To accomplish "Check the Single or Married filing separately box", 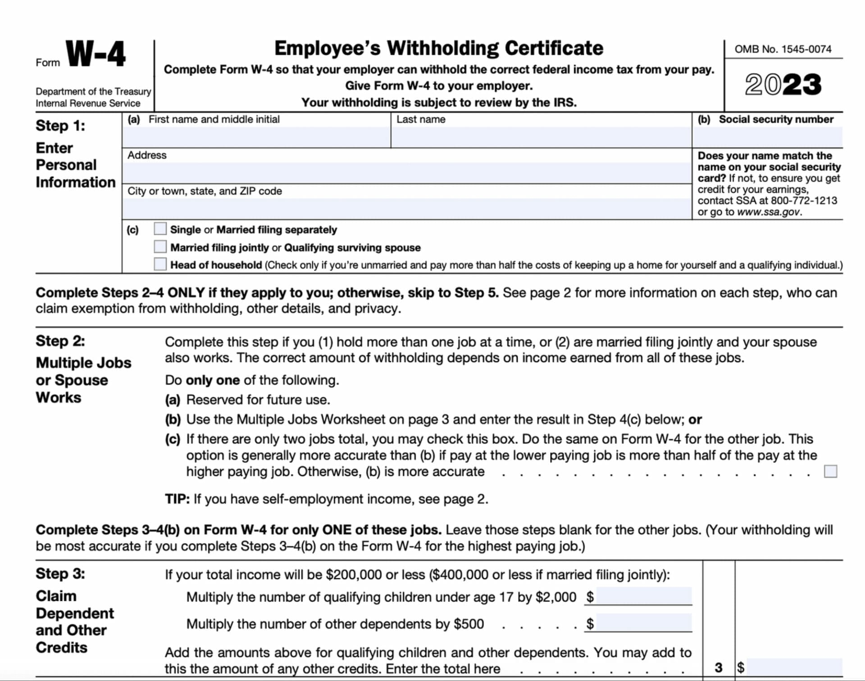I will [160, 229].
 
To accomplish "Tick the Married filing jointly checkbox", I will [160, 247].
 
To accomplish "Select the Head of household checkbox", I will [160, 264].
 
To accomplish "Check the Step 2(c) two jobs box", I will [830, 472].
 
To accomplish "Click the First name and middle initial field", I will [256, 137].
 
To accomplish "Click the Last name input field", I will [541, 137].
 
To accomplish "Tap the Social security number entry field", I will [767, 137].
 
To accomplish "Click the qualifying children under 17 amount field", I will [643, 596].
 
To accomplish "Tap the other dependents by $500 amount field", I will [643, 623].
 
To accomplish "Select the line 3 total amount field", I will [794, 667].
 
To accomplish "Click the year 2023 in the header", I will [783, 85].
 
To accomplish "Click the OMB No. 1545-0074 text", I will [783, 49].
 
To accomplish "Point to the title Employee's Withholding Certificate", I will [439, 48].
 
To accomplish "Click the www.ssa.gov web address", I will [769, 212].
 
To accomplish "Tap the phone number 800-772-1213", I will [804, 200].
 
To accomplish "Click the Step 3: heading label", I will [60, 574].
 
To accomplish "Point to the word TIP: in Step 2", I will [177, 499].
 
